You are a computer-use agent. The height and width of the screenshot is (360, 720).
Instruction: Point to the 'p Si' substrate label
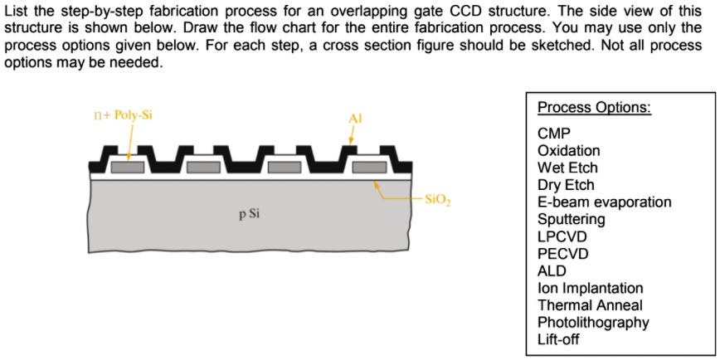point(249,214)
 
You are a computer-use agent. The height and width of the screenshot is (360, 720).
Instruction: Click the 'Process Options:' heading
point(594,108)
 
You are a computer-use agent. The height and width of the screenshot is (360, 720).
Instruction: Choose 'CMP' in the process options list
point(553,134)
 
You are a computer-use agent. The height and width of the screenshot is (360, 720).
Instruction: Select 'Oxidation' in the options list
point(568,151)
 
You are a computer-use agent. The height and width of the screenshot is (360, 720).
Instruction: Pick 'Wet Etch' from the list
point(567,168)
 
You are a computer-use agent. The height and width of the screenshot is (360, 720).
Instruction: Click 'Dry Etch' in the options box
point(566,185)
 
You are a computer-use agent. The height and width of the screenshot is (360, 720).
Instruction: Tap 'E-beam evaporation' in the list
point(604,202)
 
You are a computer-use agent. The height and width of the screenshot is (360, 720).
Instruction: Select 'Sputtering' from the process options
point(571,220)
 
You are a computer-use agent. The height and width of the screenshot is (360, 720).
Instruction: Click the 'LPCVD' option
point(562,236)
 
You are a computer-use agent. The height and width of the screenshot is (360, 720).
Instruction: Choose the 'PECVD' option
point(562,254)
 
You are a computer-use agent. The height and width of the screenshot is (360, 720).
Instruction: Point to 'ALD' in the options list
point(552,271)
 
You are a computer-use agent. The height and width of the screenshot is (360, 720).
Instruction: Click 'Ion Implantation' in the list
point(590,288)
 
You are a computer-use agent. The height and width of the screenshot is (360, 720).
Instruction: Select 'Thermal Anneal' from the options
point(589,305)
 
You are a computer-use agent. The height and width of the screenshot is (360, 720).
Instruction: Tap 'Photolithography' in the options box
point(593,323)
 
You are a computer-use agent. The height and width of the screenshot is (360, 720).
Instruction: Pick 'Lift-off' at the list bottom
point(558,339)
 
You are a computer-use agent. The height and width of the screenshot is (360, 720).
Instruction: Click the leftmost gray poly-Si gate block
point(129,167)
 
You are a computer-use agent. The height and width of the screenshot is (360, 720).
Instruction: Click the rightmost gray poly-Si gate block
point(369,167)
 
